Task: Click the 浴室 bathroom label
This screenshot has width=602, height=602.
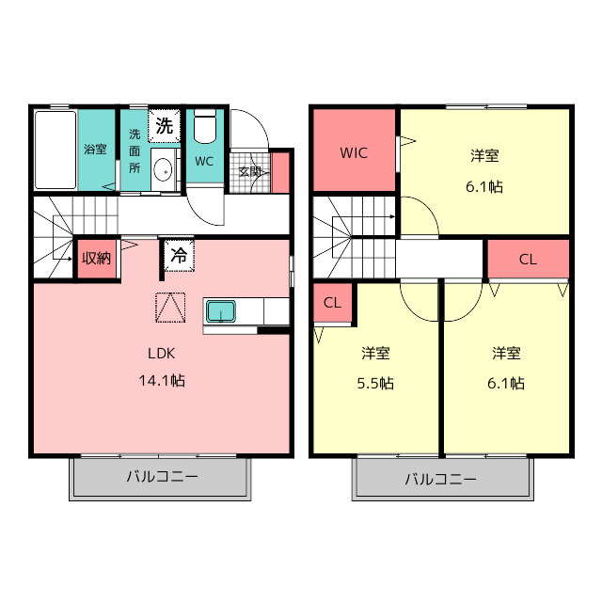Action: [x=95, y=149]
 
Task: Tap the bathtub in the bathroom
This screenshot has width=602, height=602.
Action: [x=55, y=150]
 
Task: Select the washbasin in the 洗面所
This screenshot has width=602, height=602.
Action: [x=164, y=170]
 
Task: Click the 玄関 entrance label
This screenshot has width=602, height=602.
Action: [x=249, y=171]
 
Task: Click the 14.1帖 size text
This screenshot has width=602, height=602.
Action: [x=162, y=381]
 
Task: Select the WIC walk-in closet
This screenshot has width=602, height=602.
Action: [x=354, y=151]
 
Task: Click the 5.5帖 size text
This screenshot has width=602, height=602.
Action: [x=376, y=383]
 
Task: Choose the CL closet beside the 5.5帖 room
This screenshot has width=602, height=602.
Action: [x=332, y=303]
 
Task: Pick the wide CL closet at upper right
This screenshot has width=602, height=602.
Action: [x=528, y=259]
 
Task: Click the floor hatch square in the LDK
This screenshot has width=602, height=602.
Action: [x=170, y=308]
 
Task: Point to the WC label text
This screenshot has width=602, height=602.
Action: [x=204, y=161]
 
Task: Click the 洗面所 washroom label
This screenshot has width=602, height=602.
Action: [x=135, y=150]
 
